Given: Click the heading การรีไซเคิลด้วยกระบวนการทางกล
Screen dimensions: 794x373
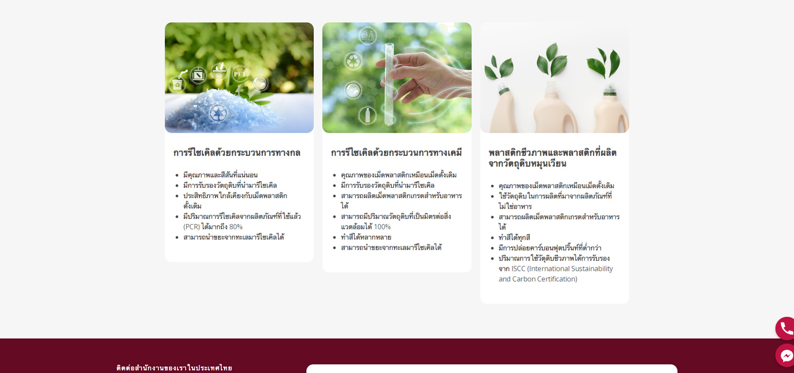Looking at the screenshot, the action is (237, 153).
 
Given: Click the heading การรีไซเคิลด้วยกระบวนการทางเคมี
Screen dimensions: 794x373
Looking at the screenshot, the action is (396, 153).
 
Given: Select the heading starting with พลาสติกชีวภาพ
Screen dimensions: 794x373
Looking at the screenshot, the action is (552, 158).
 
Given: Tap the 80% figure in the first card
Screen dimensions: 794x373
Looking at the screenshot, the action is (236, 227).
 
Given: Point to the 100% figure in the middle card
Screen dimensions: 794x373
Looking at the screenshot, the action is (382, 227).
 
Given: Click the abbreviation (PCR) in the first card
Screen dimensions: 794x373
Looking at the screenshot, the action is (192, 227).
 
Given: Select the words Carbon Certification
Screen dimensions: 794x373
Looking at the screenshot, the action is (545, 279).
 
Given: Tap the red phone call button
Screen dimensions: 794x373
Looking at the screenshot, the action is (785, 329).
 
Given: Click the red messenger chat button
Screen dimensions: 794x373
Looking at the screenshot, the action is (785, 355).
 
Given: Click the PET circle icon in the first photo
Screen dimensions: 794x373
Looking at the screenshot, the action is (240, 74).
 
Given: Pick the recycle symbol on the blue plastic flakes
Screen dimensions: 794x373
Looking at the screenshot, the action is (218, 113).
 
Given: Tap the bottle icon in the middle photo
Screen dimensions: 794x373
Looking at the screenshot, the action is (367, 115).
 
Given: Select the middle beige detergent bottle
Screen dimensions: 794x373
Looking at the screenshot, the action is (554, 108).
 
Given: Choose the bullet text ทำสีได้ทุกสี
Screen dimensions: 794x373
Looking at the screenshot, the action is (514, 237).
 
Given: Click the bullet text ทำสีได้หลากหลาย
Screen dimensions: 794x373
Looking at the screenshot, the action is (366, 237).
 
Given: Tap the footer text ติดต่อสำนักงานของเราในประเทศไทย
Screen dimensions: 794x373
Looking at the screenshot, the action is (174, 368).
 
